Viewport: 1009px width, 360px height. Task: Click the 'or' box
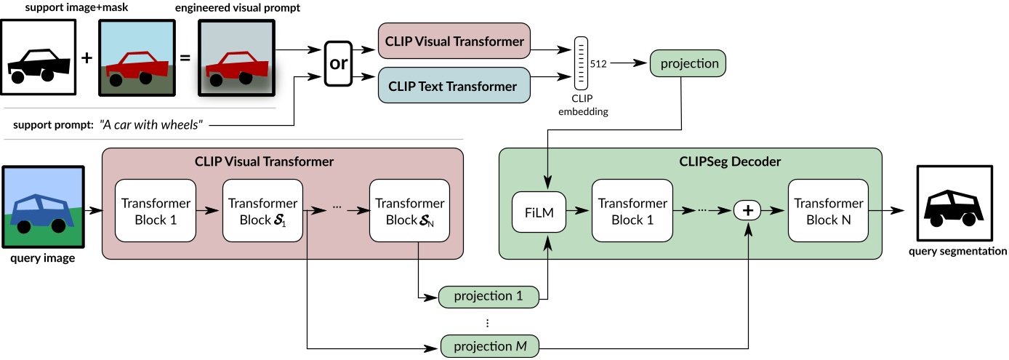point(339,63)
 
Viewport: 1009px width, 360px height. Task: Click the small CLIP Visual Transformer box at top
point(454,41)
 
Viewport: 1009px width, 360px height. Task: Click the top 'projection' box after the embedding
point(688,63)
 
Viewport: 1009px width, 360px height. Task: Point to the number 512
point(599,63)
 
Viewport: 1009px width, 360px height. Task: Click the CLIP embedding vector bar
point(582,64)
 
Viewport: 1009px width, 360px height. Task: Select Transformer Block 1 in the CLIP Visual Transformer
point(156,211)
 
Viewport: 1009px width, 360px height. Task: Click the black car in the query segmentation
point(952,207)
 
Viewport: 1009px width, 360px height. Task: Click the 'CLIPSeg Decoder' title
point(690,161)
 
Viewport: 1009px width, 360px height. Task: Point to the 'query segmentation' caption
point(957,252)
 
